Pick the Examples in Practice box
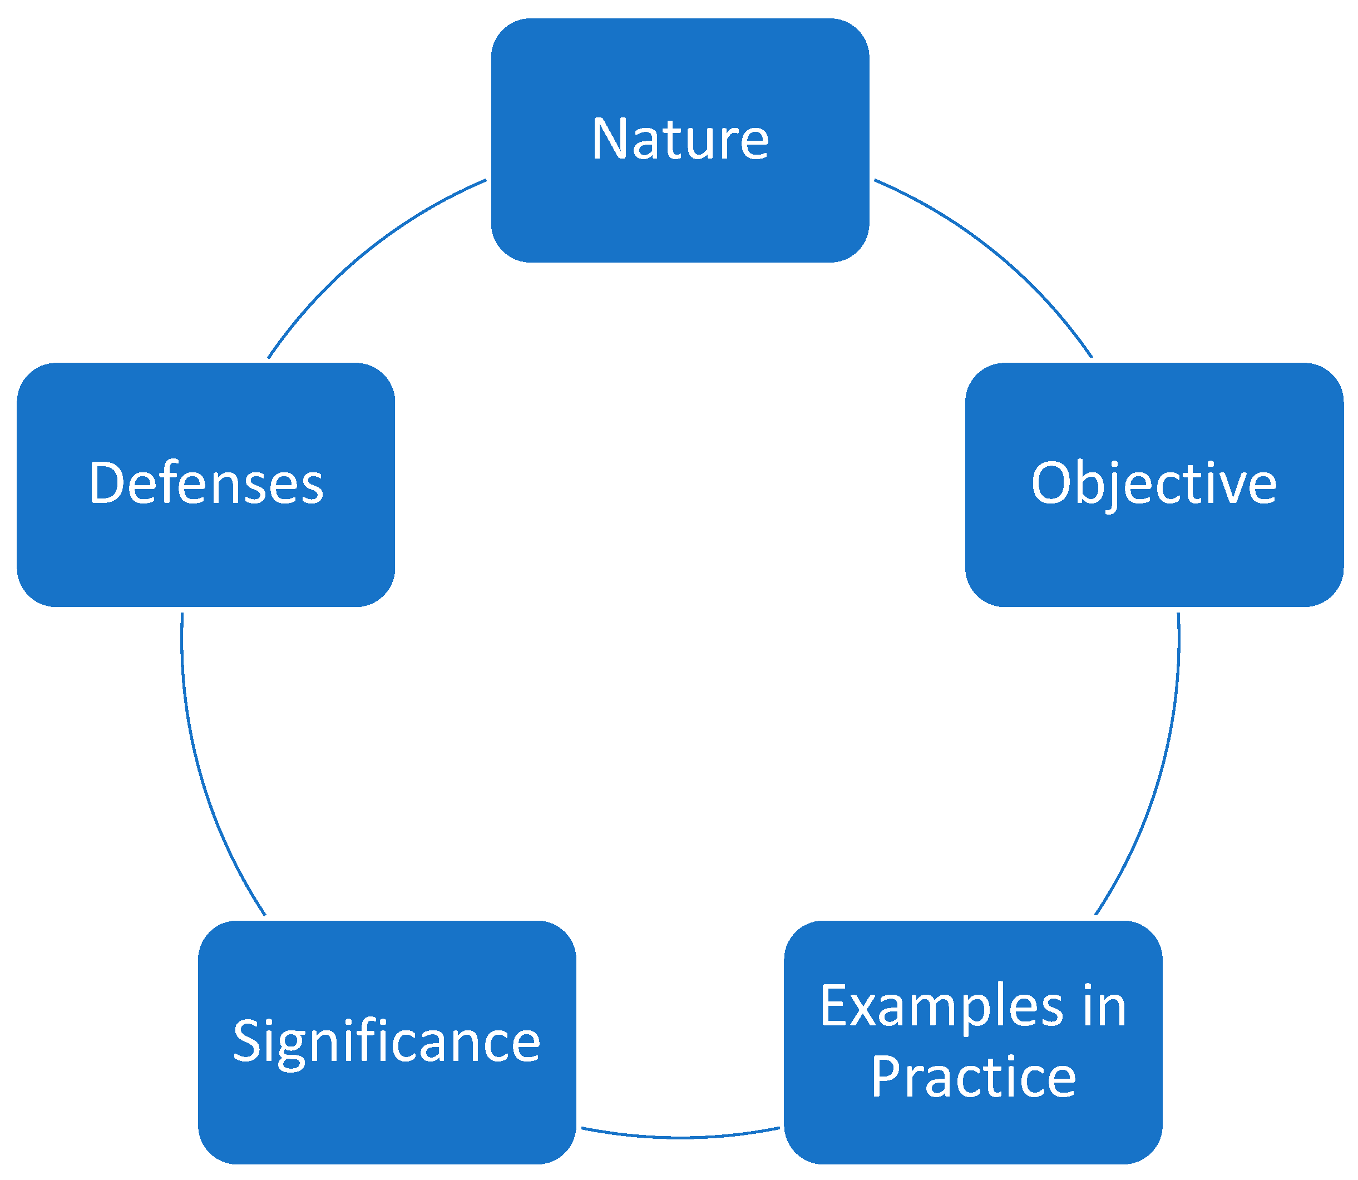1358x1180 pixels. coord(972,1133)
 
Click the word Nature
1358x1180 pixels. coord(680,139)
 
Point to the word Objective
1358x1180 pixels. coord(1154,484)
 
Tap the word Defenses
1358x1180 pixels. coord(205,484)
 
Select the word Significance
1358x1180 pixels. coord(387,1041)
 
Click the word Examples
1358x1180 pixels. coord(941,1007)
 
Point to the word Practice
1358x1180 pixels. coord(972,1077)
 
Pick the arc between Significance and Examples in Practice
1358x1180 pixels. coord(680,1137)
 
